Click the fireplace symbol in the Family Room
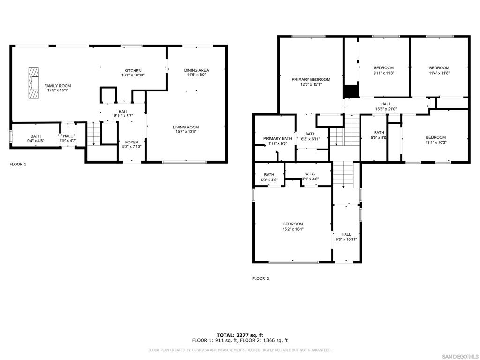[x=34, y=83]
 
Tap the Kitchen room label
[x=133, y=71]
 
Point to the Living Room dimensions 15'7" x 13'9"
[x=186, y=132]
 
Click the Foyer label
[x=132, y=142]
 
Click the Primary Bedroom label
[x=311, y=79]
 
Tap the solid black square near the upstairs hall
[x=351, y=91]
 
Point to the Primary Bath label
[x=277, y=138]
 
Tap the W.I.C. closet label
[x=310, y=174]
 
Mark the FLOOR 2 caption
[x=261, y=278]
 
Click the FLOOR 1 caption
[x=18, y=165]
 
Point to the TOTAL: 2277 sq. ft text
[x=240, y=335]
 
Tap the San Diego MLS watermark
[x=461, y=357]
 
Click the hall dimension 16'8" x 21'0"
[x=386, y=109]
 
